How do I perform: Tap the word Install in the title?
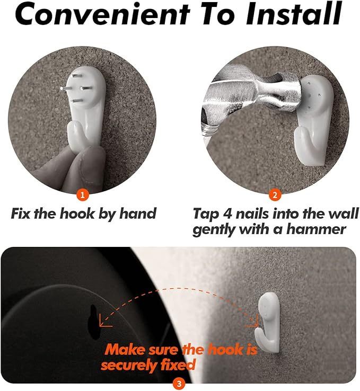[x=294, y=14]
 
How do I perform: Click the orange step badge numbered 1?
[x=83, y=194]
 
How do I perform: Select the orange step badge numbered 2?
[x=275, y=195]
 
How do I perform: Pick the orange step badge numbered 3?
[x=179, y=384]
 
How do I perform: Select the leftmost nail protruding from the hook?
[x=65, y=88]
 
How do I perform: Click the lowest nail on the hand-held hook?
[x=77, y=101]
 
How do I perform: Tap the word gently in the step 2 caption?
[x=214, y=229]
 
